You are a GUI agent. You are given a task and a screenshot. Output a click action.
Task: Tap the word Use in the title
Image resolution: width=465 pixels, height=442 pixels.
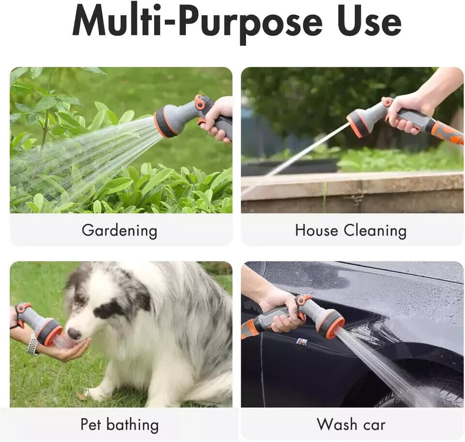tap(369, 21)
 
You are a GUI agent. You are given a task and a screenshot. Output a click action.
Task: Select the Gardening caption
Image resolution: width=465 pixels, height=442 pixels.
tap(119, 230)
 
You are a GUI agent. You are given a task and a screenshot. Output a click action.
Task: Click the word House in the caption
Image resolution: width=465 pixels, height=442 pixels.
tap(316, 230)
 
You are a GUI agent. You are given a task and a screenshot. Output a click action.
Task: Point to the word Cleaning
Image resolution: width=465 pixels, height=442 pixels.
tap(375, 230)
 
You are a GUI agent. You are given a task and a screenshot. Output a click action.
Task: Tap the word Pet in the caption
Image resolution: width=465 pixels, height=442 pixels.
tap(91, 424)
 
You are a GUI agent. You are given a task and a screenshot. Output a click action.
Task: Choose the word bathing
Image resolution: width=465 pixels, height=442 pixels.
tap(132, 425)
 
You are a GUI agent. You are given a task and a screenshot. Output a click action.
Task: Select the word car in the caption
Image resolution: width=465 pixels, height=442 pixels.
tap(374, 426)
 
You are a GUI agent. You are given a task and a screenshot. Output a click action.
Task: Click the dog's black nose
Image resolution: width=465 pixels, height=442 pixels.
tap(74, 333)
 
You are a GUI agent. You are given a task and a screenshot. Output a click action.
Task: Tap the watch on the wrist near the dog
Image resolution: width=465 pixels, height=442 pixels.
tap(32, 344)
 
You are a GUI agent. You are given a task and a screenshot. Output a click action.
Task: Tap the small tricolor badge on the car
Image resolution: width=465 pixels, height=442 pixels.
tap(302, 342)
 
